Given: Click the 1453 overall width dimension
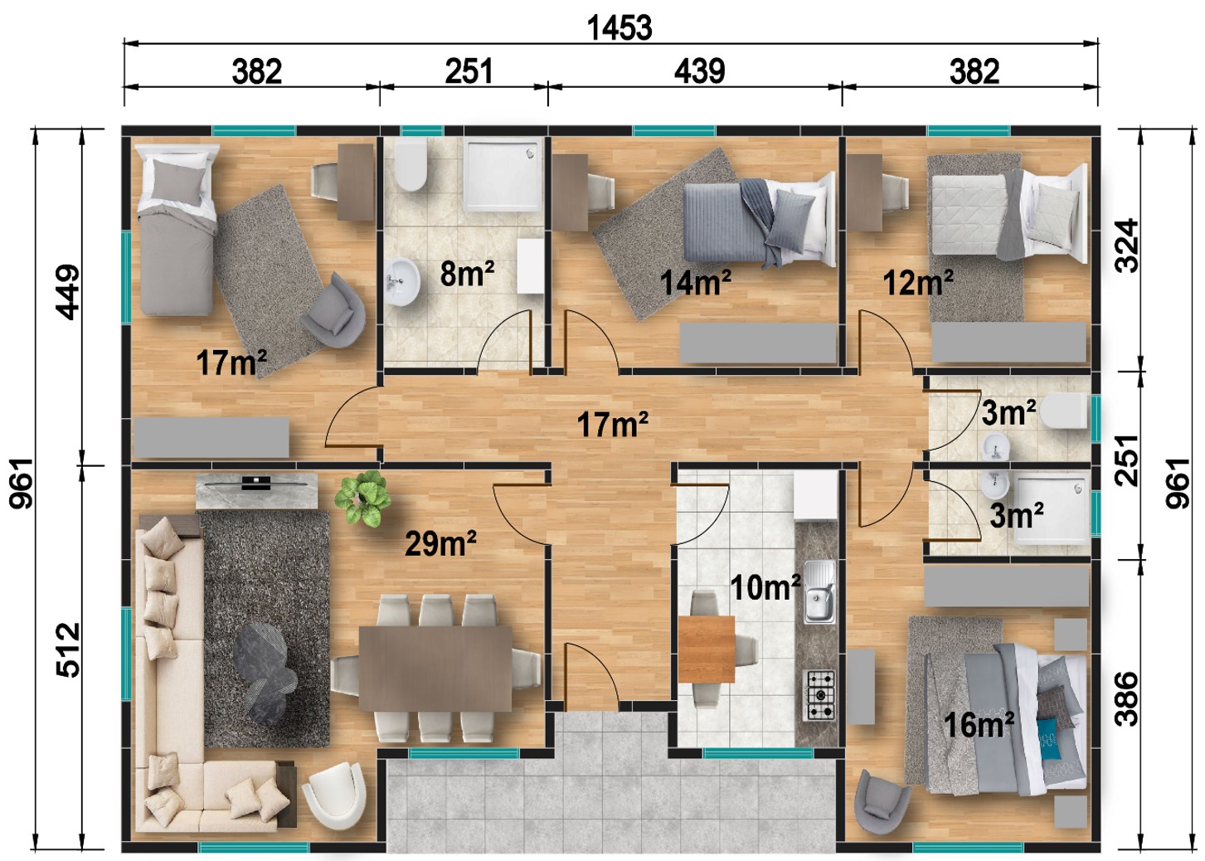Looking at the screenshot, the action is tap(620, 28).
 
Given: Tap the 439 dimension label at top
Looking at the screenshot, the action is tap(699, 71).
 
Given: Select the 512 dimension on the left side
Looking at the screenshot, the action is tap(68, 649).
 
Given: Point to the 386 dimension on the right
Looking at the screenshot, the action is tap(1126, 698).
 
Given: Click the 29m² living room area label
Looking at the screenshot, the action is tap(440, 543).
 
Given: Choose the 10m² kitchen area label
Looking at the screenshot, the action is tap(765, 586).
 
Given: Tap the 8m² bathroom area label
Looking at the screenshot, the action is tap(467, 273).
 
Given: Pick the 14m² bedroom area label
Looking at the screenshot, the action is tap(696, 282).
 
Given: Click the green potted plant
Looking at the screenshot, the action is tap(362, 498).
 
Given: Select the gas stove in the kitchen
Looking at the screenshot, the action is tap(819, 695).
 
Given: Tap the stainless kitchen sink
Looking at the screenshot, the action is tap(819, 591).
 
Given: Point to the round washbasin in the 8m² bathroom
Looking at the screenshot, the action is tap(402, 281).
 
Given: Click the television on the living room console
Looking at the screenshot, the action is tap(256, 483).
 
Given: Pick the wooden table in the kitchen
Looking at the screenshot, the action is tap(707, 649).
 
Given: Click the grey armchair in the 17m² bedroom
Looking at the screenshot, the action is tap(333, 305).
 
